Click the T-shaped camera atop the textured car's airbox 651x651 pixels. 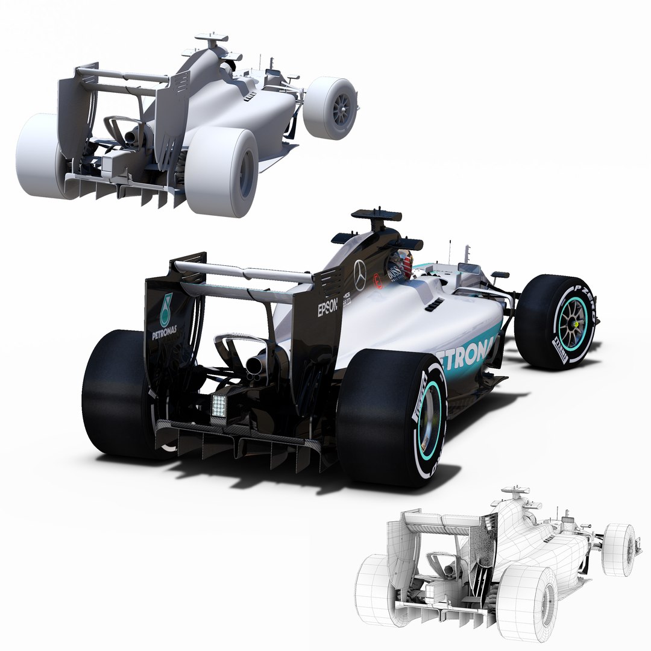pos(376,216)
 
